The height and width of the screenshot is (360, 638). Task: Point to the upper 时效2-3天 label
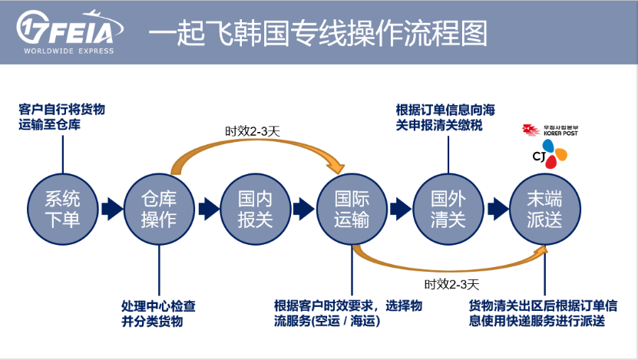coord(252,131)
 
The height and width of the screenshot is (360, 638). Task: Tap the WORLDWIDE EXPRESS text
coord(68,51)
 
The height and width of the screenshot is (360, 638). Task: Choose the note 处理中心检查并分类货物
coord(158,313)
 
